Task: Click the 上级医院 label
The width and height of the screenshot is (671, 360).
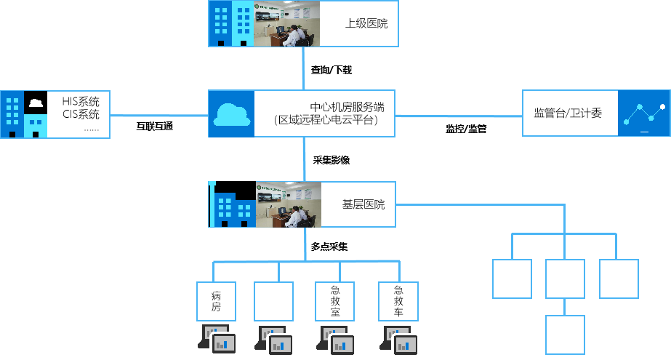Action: click(366, 24)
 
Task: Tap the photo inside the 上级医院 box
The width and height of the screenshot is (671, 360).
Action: click(286, 24)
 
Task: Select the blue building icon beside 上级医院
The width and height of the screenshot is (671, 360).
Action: click(230, 24)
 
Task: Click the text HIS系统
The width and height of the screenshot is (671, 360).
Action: click(81, 102)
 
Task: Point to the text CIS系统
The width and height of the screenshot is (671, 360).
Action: click(81, 114)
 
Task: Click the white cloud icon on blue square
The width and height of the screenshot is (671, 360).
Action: click(230, 114)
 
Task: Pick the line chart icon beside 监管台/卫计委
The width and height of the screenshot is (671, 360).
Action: click(643, 113)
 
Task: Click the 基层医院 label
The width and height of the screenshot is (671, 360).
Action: click(363, 204)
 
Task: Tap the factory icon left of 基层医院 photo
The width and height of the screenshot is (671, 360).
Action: click(230, 205)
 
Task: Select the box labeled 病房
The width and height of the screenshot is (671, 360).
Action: click(216, 302)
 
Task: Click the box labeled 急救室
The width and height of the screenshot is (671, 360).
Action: click(334, 302)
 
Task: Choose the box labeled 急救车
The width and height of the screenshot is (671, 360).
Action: click(398, 302)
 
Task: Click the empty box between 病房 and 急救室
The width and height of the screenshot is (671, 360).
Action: click(274, 302)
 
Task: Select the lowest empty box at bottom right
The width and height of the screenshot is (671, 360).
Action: click(565, 335)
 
